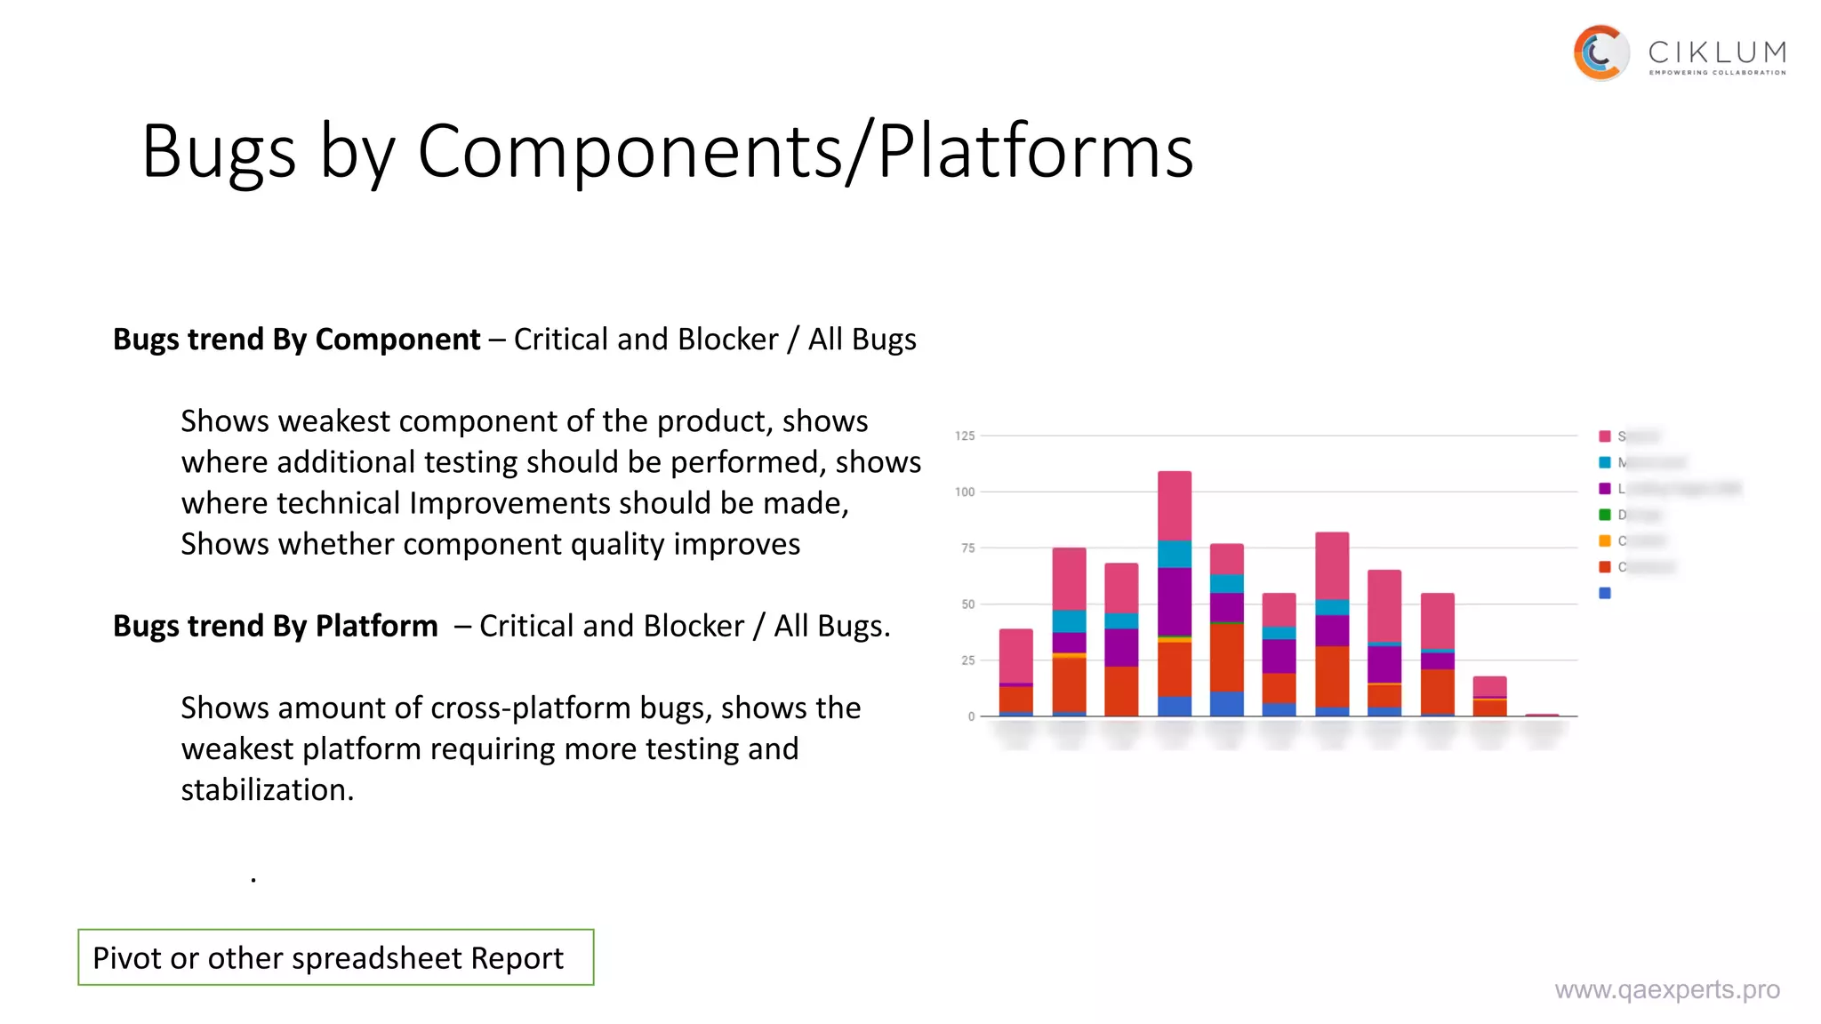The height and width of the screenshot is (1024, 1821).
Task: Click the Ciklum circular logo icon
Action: pyautogui.click(x=1600, y=53)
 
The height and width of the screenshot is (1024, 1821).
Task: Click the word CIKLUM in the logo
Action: pyautogui.click(x=1716, y=53)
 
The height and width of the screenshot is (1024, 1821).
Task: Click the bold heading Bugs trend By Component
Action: pyautogui.click(x=296, y=340)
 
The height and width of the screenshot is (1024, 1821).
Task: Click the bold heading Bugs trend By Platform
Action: pyautogui.click(x=275, y=627)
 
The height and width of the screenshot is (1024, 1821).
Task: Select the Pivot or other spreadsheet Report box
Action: pyautogui.click(x=335, y=957)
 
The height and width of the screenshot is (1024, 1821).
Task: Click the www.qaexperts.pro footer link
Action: pyautogui.click(x=1666, y=989)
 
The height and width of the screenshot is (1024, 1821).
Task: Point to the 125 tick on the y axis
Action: pyautogui.click(x=965, y=436)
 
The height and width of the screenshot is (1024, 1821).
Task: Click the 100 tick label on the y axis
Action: pyautogui.click(x=965, y=492)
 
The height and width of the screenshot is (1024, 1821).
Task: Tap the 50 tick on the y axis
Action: pyautogui.click(x=967, y=604)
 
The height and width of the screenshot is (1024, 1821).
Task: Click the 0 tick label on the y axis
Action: pyautogui.click(x=971, y=716)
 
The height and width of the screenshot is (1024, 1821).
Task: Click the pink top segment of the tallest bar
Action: pyautogui.click(x=1174, y=505)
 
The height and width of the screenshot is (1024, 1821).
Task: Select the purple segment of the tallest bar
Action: pyautogui.click(x=1174, y=601)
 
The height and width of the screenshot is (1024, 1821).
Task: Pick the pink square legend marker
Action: pyautogui.click(x=1605, y=436)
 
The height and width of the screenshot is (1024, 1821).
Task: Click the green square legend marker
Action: pyautogui.click(x=1605, y=515)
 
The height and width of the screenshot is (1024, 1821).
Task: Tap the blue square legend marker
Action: pyautogui.click(x=1605, y=593)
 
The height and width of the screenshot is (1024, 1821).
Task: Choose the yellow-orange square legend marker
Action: pyautogui.click(x=1605, y=540)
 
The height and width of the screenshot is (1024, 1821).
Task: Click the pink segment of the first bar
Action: pyautogui.click(x=1015, y=655)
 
